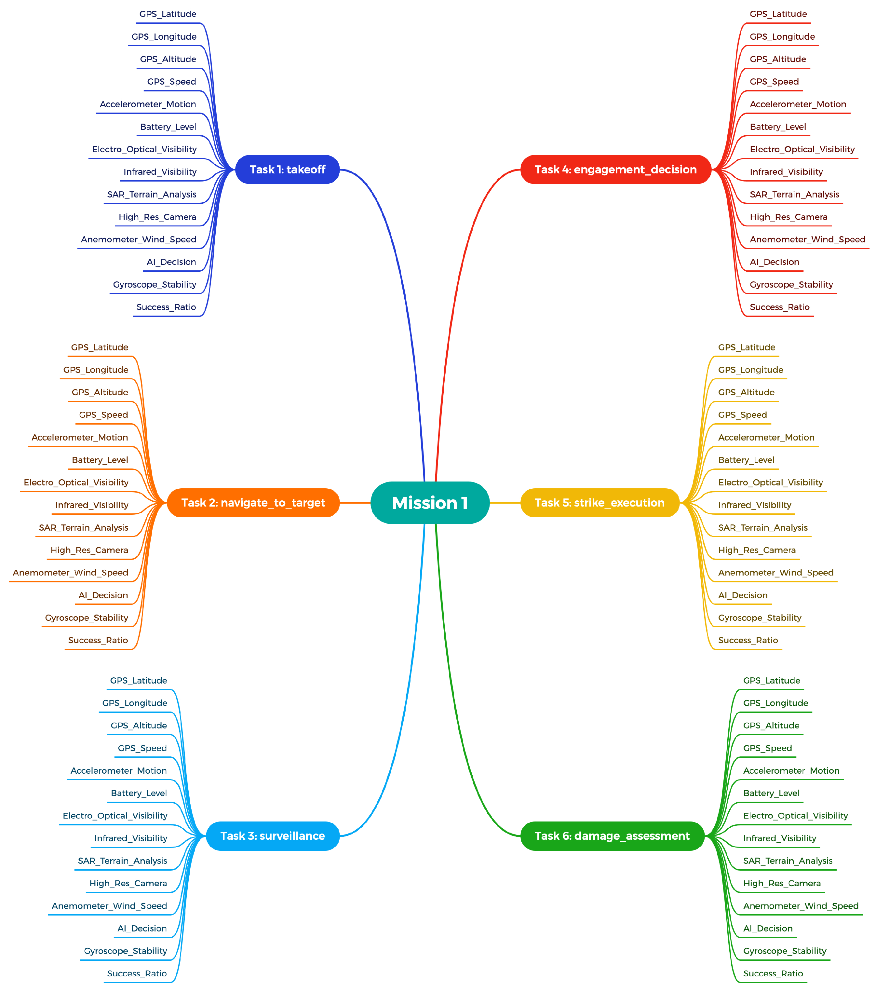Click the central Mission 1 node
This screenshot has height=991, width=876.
(429, 502)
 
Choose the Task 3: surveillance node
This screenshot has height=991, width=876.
(273, 835)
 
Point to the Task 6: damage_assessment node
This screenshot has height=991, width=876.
(612, 835)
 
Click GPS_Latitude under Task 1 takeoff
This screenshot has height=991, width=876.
(168, 14)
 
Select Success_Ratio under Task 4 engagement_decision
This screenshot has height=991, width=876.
(779, 307)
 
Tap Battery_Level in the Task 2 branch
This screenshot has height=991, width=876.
(100, 460)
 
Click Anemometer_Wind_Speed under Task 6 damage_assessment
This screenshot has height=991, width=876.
(801, 906)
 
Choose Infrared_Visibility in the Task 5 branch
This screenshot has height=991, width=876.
(754, 505)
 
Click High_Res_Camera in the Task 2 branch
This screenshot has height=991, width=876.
(89, 550)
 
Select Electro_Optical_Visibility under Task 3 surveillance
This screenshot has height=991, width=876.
(115, 816)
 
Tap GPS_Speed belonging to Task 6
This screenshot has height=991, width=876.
(767, 748)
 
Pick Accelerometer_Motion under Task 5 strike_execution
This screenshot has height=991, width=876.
(766, 437)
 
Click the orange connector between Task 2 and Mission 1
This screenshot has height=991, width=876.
(355, 502)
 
